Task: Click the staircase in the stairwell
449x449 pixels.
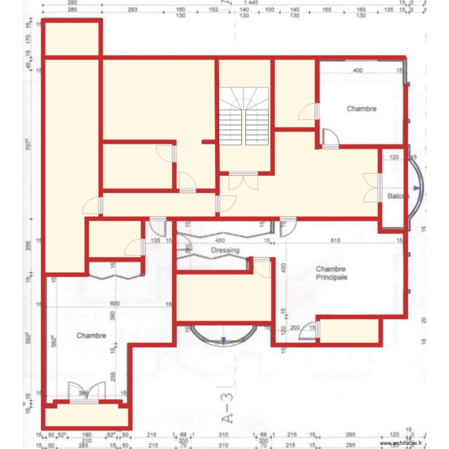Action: tap(244, 116)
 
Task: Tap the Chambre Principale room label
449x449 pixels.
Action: tap(332, 274)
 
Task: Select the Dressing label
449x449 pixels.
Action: tap(225, 250)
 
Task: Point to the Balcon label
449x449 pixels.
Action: tap(398, 196)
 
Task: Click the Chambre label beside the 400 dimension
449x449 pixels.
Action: tap(362, 108)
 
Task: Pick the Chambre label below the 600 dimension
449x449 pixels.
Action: tap(91, 336)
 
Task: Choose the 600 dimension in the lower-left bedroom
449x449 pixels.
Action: tap(115, 304)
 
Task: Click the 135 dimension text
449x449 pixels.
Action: tap(156, 241)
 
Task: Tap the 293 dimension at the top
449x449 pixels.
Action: tap(133, 10)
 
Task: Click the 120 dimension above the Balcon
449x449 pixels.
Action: tap(394, 157)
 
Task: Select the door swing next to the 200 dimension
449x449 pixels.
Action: tap(309, 330)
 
